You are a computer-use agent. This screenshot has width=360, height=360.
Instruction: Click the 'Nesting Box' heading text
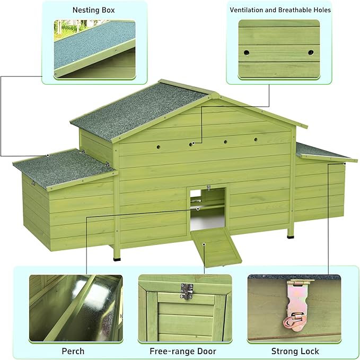93,10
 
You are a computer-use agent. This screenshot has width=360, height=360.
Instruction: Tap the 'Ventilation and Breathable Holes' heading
280,10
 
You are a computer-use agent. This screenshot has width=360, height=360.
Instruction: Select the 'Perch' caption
73,351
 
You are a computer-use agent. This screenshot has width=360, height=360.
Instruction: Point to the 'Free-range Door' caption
183,351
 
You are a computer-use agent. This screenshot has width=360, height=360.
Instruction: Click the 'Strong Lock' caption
295,351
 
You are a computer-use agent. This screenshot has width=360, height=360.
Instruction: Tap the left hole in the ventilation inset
247,52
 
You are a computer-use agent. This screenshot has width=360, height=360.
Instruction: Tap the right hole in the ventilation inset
311,52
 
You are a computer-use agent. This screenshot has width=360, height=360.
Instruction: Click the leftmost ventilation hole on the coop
159,146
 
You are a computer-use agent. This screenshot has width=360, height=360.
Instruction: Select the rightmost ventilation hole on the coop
256,139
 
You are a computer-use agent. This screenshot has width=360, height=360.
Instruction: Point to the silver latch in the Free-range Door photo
187,291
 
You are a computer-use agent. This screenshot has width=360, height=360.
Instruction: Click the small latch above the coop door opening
208,188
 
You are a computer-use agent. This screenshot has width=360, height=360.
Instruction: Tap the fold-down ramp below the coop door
216,248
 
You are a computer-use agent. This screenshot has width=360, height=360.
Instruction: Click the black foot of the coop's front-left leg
117,259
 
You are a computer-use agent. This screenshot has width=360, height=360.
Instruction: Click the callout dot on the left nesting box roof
48,156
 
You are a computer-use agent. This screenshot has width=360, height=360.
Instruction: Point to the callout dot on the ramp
204,244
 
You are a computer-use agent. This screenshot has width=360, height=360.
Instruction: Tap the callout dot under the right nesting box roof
345,164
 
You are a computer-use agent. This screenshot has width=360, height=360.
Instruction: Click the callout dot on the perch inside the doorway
198,209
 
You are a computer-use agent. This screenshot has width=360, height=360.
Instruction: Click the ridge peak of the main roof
215,94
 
